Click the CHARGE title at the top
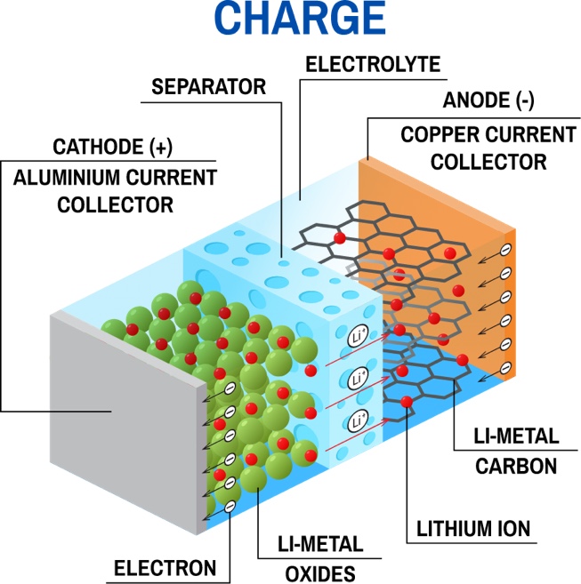pyautogui.click(x=300, y=19)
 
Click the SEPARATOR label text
pyautogui.click(x=209, y=87)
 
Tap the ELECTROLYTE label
pyautogui.click(x=373, y=64)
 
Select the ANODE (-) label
pyautogui.click(x=488, y=100)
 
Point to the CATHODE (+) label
pyautogui.click(x=113, y=147)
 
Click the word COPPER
pyautogui.click(x=440, y=134)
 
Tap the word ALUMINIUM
pyautogui.click(x=67, y=177)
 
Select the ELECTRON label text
pyautogui.click(x=165, y=568)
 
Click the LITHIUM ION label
pyautogui.click(x=473, y=529)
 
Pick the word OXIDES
pyautogui.click(x=320, y=573)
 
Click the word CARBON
pyautogui.click(x=516, y=466)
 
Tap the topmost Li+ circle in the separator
pyautogui.click(x=358, y=336)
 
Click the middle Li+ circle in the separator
pyautogui.click(x=358, y=379)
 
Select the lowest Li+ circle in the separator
pyautogui.click(x=358, y=420)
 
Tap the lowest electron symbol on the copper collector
pyautogui.click(x=505, y=368)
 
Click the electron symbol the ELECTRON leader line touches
pyautogui.click(x=230, y=506)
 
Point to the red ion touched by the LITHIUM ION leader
pyautogui.click(x=407, y=403)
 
